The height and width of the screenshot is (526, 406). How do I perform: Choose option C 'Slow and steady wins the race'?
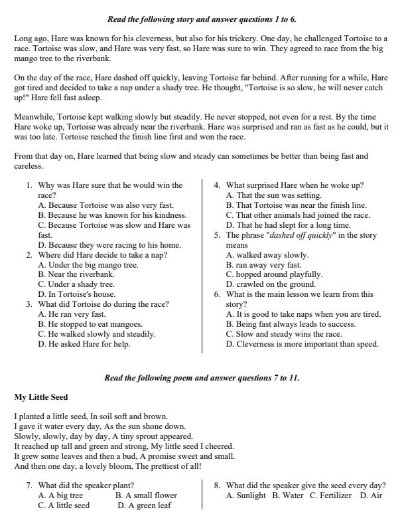(x=284, y=334)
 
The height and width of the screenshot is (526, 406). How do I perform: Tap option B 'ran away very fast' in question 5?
(x=263, y=264)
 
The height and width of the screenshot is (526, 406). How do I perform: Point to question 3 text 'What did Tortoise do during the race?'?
(x=103, y=304)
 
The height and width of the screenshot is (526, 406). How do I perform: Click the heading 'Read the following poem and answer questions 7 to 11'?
(x=202, y=377)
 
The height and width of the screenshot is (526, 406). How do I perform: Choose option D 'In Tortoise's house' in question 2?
(x=77, y=294)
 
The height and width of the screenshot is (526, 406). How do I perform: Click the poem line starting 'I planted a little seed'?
(x=91, y=416)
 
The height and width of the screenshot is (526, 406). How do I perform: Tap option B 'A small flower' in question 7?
(x=146, y=495)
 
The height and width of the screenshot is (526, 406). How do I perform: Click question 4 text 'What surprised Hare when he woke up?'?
(x=295, y=185)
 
